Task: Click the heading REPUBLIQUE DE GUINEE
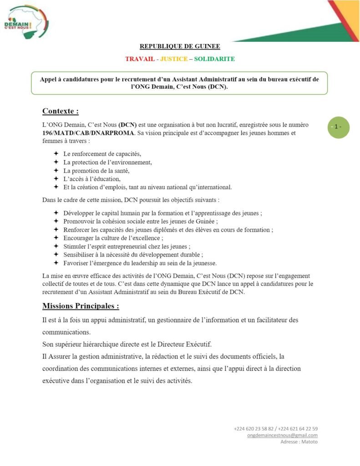[x=179, y=46]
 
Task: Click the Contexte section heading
[x=61, y=111]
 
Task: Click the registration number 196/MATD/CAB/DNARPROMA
[x=89, y=133]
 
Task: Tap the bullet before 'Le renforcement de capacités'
[x=56, y=154]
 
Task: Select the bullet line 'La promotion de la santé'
[x=96, y=170]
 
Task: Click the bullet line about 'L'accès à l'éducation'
[x=91, y=179]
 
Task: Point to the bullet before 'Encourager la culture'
[x=56, y=238]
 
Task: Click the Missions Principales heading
[x=81, y=305]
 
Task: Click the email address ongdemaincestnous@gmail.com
[x=282, y=435]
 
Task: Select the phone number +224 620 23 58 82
[x=254, y=429]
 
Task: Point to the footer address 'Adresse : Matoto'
[x=299, y=441]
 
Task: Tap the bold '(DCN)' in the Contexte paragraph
[x=127, y=125]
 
